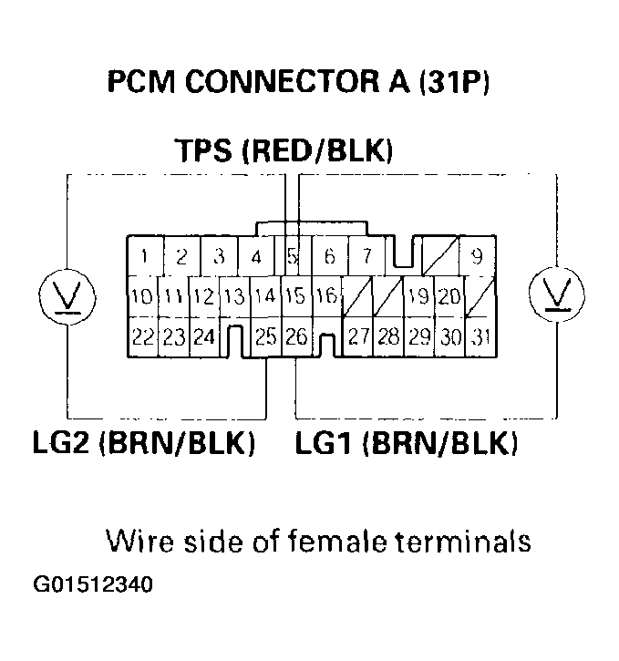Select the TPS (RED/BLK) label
pyautogui.click(x=284, y=150)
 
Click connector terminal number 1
pyautogui.click(x=146, y=256)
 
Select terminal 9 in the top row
pyautogui.click(x=476, y=256)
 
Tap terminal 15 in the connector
pyautogui.click(x=294, y=296)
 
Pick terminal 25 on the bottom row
pyautogui.click(x=265, y=337)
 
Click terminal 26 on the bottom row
pyautogui.click(x=295, y=337)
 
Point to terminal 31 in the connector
pyautogui.click(x=480, y=337)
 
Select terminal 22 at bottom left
pyautogui.click(x=142, y=337)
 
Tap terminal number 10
pyautogui.click(x=141, y=296)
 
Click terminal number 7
pyautogui.click(x=366, y=256)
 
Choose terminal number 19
pyautogui.click(x=418, y=296)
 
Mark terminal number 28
pyautogui.click(x=388, y=337)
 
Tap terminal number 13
pyautogui.click(x=234, y=296)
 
